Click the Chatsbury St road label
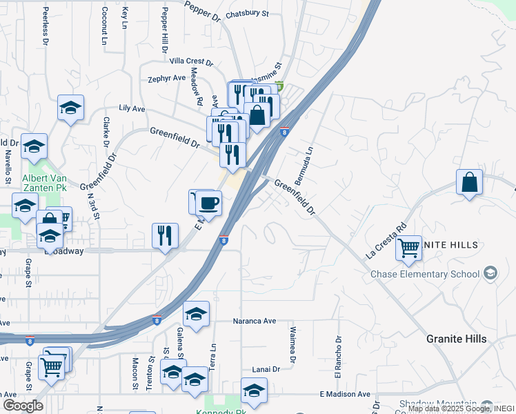tap(247, 13)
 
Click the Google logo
tap(23, 406)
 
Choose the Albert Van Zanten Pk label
tap(45, 182)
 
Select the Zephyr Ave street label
tap(167, 79)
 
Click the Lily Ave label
tap(132, 108)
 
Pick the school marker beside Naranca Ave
tap(197, 314)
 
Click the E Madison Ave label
tap(345, 394)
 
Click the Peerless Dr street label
tap(46, 26)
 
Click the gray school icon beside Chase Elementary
tap(490, 274)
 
